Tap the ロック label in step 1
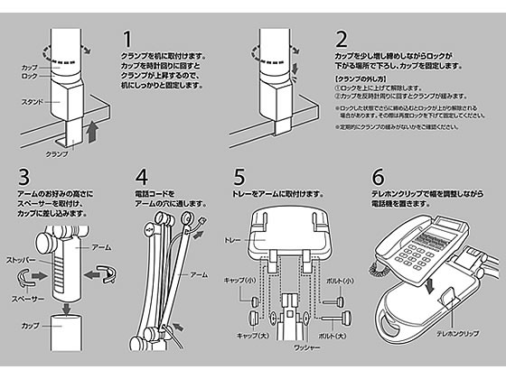tap(30, 77)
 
